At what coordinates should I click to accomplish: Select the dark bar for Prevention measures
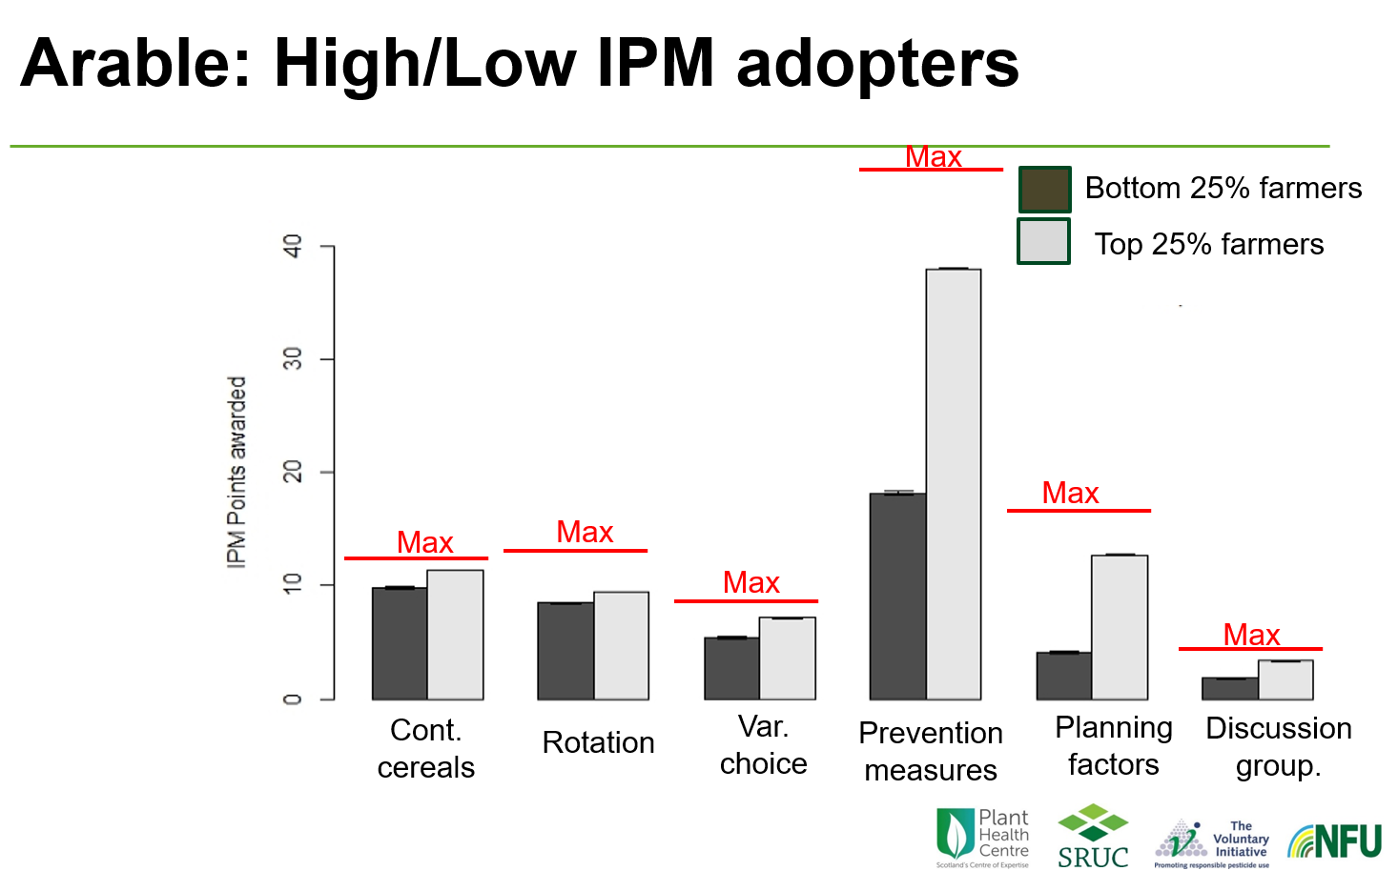[897, 596]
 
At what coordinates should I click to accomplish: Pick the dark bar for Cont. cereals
[400, 643]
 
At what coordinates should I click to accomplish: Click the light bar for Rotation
[621, 645]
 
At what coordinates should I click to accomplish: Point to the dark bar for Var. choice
[731, 668]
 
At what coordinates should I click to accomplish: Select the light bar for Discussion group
[1285, 679]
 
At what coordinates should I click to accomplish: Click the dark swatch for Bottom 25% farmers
[1044, 189]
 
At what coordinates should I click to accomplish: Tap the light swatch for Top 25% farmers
[1044, 241]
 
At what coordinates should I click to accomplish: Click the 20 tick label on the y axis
[293, 472]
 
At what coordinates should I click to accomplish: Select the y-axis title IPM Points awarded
[236, 472]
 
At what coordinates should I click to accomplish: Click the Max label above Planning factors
[1070, 493]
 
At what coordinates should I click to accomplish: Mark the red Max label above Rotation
[585, 532]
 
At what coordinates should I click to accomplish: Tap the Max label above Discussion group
[1251, 635]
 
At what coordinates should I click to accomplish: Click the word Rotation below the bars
[598, 742]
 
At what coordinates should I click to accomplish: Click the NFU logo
[1334, 841]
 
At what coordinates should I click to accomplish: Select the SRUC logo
[1093, 837]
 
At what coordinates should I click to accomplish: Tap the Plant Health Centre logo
[982, 838]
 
